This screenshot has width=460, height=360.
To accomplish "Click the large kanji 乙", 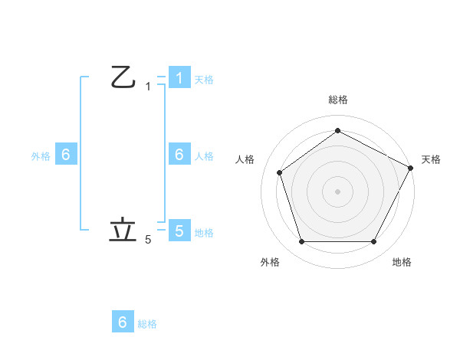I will tap(123, 77).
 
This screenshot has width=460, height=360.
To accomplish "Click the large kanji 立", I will tap(123, 231).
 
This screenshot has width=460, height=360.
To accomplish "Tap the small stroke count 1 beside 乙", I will tap(148, 87).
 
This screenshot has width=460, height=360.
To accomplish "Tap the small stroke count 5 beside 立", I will tap(148, 240).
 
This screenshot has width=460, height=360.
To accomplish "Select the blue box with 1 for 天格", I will tap(179, 78).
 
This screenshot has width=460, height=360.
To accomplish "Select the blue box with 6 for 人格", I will tap(179, 155).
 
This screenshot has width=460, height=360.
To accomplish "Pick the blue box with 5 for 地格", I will tap(179, 231).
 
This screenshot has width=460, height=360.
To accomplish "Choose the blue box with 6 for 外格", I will tap(66, 155).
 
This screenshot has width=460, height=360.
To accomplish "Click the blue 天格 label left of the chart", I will tap(204, 80).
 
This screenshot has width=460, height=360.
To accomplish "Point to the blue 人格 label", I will tap(204, 156).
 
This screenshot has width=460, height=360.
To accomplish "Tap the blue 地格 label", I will tap(204, 232).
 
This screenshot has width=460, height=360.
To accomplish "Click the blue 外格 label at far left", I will tap(41, 156).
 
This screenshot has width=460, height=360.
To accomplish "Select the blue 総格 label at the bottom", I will tap(147, 324).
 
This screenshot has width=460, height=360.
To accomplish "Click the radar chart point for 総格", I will tap(337, 131).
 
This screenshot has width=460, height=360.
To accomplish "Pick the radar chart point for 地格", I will tap(373, 242).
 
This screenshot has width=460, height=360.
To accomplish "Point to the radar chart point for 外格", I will tap(301, 242).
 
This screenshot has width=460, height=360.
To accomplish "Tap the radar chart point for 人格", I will tap(280, 172).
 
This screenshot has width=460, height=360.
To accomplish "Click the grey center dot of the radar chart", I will tap(337, 191).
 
